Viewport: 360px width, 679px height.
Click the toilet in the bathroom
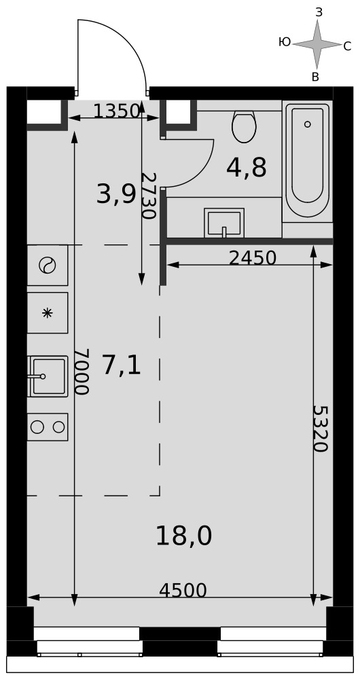click(244, 126)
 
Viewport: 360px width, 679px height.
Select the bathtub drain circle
click(307, 124)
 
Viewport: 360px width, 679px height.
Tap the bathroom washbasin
click(224, 223)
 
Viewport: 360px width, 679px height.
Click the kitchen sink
click(48, 376)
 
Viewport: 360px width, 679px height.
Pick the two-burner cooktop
click(48, 427)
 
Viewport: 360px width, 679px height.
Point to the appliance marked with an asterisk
click(48, 312)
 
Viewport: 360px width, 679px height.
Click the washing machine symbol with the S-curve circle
click(48, 265)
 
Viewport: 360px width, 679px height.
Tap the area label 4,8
click(246, 168)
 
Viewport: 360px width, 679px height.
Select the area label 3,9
click(115, 194)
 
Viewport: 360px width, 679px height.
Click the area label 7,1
click(122, 365)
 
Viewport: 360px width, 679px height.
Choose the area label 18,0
click(183, 536)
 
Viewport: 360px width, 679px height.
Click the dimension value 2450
click(253, 258)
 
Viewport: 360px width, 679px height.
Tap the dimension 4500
click(183, 590)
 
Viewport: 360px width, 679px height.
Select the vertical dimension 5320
click(321, 428)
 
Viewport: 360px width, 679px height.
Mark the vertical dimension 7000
click(82, 371)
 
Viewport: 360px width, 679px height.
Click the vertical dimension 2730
click(149, 196)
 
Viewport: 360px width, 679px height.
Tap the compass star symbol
click(317, 44)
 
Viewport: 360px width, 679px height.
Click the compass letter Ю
click(285, 42)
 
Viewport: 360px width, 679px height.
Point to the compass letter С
click(347, 46)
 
